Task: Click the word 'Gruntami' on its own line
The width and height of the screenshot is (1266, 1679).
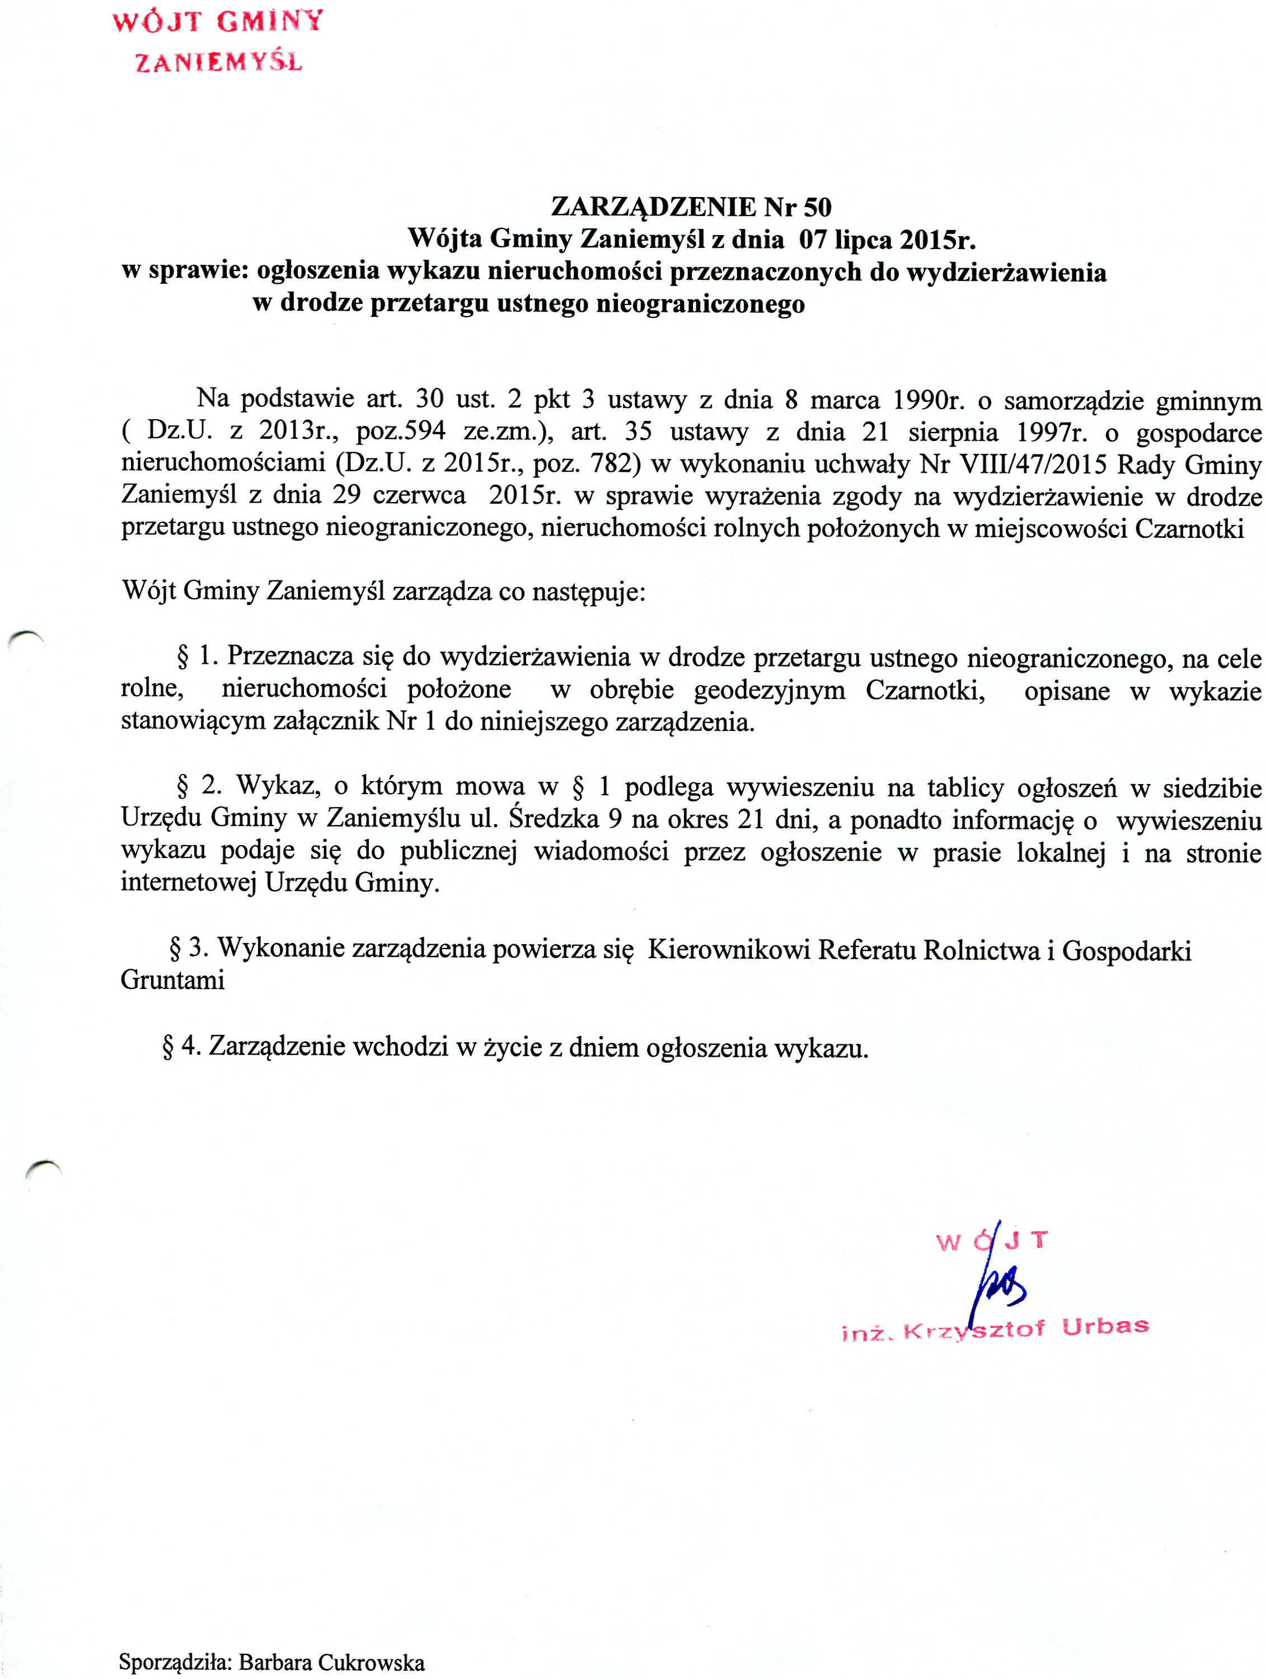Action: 172,981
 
